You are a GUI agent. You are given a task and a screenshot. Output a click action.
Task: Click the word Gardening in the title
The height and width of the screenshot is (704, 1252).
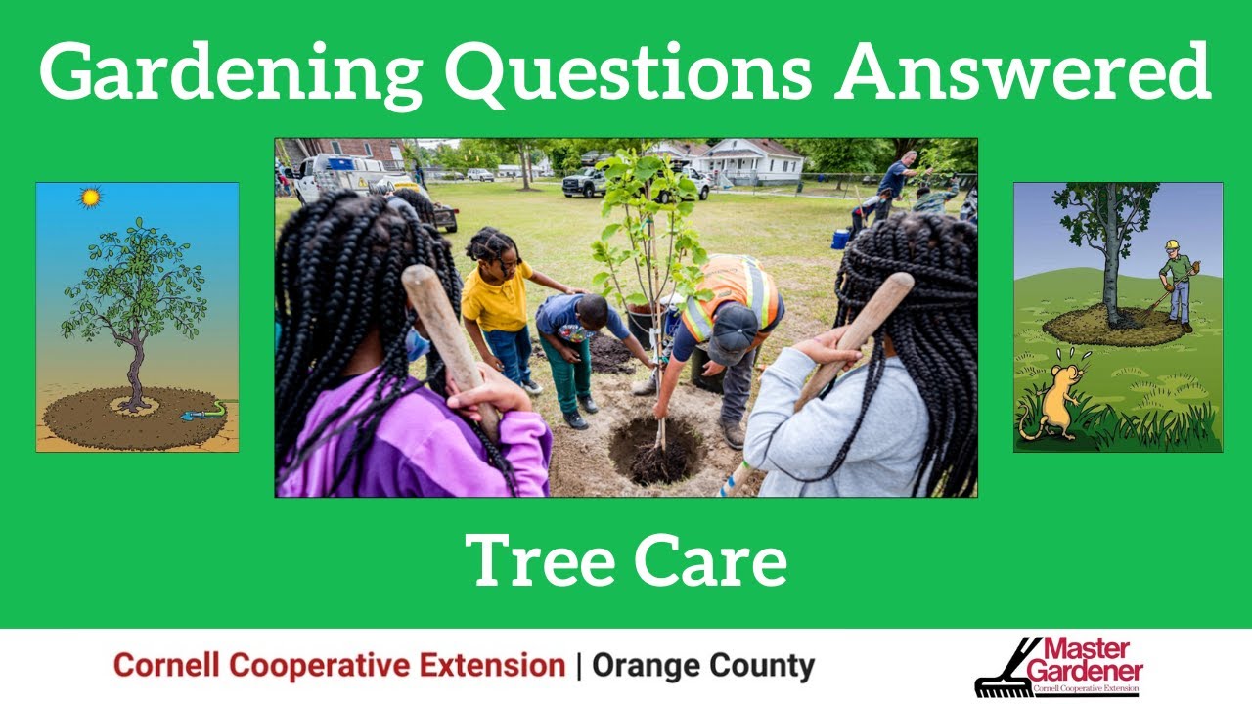(x=231, y=72)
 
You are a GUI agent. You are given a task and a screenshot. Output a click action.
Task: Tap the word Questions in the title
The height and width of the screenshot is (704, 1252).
(x=627, y=72)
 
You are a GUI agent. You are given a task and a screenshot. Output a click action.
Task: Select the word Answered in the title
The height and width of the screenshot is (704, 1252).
(x=1024, y=72)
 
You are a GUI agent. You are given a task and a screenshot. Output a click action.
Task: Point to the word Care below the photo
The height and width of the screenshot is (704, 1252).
(x=710, y=560)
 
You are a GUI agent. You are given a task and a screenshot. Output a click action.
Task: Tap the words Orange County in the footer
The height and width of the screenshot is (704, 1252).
(x=703, y=666)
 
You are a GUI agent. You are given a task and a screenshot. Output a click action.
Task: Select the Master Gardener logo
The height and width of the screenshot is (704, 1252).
(x=1060, y=667)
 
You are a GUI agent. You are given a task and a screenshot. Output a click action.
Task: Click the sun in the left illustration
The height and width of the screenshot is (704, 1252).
(x=91, y=198)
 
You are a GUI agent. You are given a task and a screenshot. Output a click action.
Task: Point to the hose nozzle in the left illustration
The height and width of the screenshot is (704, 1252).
(x=191, y=415)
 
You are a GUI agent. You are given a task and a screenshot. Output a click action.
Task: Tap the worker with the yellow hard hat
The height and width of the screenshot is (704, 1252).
(x=1179, y=284)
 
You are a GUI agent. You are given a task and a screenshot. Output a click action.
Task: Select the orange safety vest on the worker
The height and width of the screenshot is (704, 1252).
(x=732, y=294)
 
